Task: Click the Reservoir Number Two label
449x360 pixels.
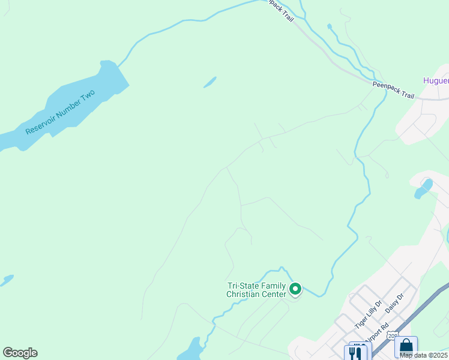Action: [x=60, y=112]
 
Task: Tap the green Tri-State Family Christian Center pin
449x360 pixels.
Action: [x=295, y=289]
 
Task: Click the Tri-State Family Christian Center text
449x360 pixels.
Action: [x=255, y=290]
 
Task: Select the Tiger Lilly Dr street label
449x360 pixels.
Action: [x=367, y=314]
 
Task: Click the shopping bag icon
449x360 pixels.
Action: [x=406, y=347]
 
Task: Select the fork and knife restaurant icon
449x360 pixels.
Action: [x=357, y=352]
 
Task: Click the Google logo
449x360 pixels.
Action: [x=20, y=353]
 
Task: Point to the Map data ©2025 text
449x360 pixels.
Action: [x=423, y=355]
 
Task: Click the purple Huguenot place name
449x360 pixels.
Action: [x=435, y=80]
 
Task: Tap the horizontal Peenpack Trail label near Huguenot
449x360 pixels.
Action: [x=393, y=86]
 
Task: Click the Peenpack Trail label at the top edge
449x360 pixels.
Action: [x=282, y=11]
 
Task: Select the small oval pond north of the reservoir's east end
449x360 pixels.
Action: [x=209, y=82]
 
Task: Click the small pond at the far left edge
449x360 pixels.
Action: [x=6, y=280]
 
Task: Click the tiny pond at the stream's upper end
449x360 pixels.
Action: [x=329, y=26]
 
